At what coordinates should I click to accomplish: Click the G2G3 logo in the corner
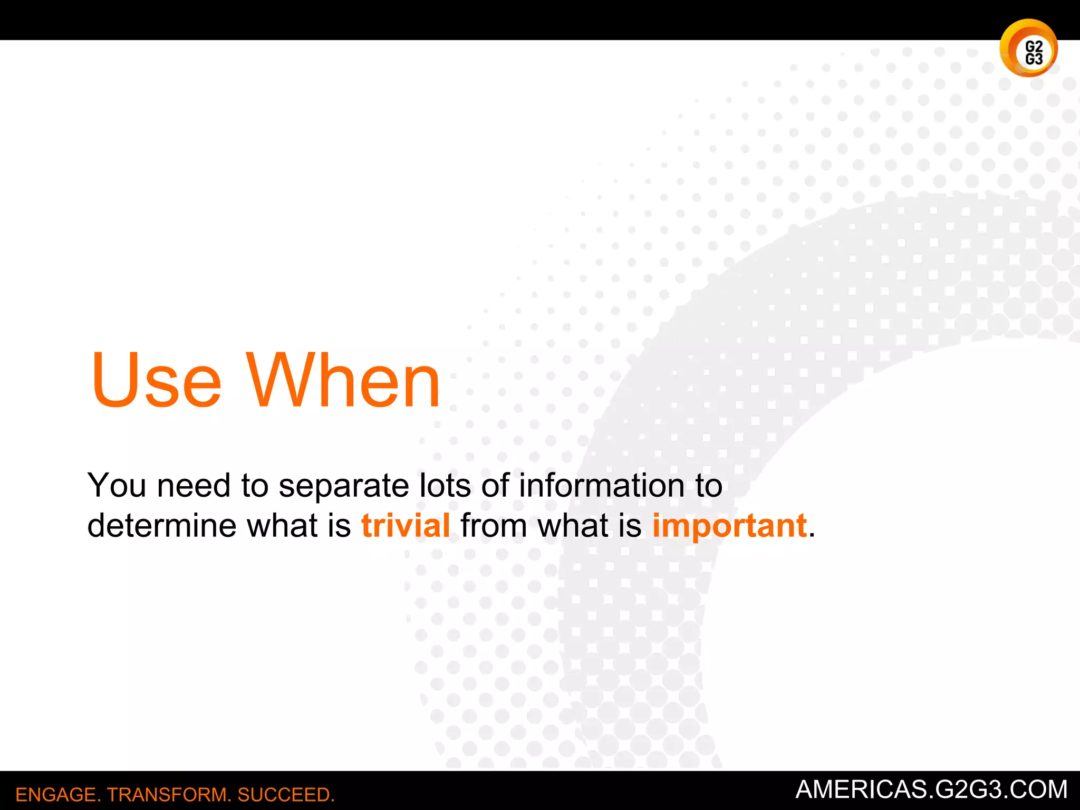coord(1028,49)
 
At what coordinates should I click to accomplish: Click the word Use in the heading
coord(156,381)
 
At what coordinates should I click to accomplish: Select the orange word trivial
coord(406,526)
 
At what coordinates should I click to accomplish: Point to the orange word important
coord(729,527)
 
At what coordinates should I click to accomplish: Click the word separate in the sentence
coord(343,486)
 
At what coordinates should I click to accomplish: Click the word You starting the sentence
coord(117,485)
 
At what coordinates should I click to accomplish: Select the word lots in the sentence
coord(445,485)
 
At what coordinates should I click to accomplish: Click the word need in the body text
coord(194,485)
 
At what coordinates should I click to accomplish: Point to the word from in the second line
coord(494,526)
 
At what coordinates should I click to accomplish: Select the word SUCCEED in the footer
coord(285,795)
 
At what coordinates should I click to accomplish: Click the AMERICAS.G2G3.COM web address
coord(931,789)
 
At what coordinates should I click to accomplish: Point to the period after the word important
coord(812,536)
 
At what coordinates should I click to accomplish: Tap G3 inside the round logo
coord(1034,59)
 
